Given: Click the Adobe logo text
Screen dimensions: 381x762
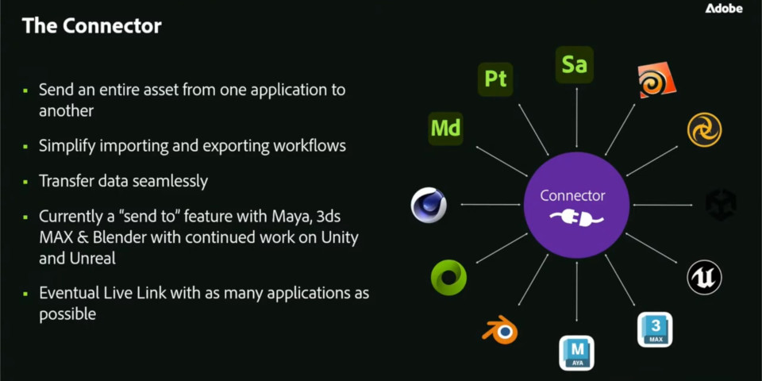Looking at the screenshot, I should pyautogui.click(x=724, y=9).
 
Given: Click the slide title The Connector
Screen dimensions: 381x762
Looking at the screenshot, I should pyautogui.click(x=92, y=26).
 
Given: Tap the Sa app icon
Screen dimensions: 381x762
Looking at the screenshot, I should pyautogui.click(x=574, y=64).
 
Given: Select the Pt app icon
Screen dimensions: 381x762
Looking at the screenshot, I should pyautogui.click(x=495, y=79).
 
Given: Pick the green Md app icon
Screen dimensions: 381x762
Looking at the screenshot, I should pyautogui.click(x=445, y=128).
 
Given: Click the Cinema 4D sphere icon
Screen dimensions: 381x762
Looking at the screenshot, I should pyautogui.click(x=429, y=205).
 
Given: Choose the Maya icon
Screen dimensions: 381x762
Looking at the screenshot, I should pyautogui.click(x=576, y=352).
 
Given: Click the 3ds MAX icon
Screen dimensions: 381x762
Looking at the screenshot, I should pyautogui.click(x=655, y=329).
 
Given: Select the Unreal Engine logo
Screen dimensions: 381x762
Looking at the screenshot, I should pyautogui.click(x=704, y=277).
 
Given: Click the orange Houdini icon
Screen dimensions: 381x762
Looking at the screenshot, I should pyautogui.click(x=656, y=81).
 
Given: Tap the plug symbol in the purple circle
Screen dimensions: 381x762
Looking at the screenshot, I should pyautogui.click(x=576, y=217).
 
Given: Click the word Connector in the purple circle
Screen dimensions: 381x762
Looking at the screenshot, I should pyautogui.click(x=572, y=195).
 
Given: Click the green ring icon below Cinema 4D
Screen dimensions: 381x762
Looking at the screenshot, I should pyautogui.click(x=448, y=277).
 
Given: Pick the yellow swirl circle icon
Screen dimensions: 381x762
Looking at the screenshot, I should pyautogui.click(x=704, y=129).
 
